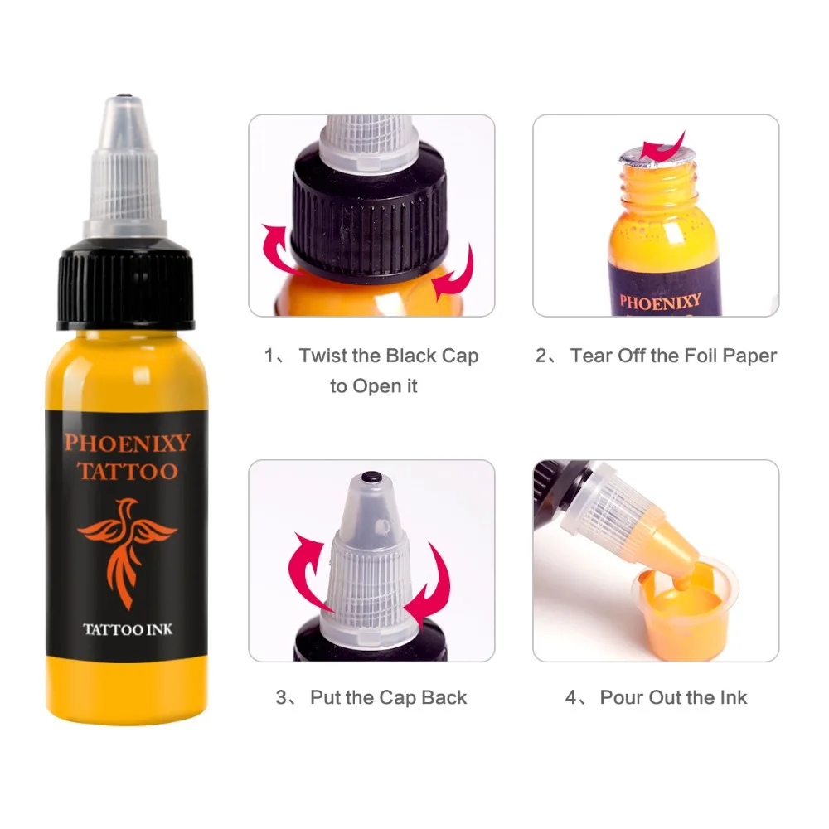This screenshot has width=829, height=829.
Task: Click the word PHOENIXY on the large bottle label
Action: pyautogui.click(x=127, y=442)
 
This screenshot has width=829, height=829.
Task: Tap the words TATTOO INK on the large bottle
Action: pyautogui.click(x=127, y=630)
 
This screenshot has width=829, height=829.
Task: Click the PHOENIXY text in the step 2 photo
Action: pyautogui.click(x=660, y=299)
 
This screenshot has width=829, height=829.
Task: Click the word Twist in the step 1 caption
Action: pyautogui.click(x=321, y=356)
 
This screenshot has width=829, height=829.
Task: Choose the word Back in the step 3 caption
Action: pyautogui.click(x=444, y=697)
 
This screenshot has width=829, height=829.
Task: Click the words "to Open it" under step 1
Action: pyautogui.click(x=373, y=386)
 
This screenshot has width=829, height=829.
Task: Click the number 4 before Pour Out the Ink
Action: pyautogui.click(x=572, y=697)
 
